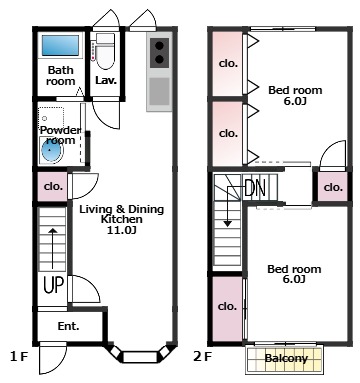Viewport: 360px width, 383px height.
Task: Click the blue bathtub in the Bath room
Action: pyautogui.click(x=60, y=45)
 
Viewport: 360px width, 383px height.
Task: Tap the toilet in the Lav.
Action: pyautogui.click(x=105, y=51)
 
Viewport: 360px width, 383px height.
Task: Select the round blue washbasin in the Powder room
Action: pyautogui.click(x=52, y=151)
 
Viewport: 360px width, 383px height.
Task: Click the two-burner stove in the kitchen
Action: pyautogui.click(x=159, y=53)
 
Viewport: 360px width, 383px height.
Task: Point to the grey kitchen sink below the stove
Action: pyautogui.click(x=159, y=91)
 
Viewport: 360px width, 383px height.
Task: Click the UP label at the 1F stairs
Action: pyautogui.click(x=53, y=285)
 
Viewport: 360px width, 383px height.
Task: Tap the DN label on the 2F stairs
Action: pyautogui.click(x=255, y=188)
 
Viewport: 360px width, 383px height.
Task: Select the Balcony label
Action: pyautogui.click(x=286, y=358)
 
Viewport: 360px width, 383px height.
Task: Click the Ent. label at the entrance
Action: pyautogui.click(x=69, y=326)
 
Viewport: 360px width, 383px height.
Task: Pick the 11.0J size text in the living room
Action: pyautogui.click(x=121, y=230)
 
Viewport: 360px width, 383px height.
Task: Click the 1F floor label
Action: pyautogui.click(x=18, y=357)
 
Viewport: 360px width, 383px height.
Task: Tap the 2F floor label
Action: pyautogui.click(x=203, y=357)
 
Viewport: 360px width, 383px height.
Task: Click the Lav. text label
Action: pyautogui.click(x=106, y=80)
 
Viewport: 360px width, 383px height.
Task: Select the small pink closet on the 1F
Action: pyautogui.click(x=52, y=187)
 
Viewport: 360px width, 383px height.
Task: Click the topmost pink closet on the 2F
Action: pyautogui.click(x=227, y=64)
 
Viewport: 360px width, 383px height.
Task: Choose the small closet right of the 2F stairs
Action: pyautogui.click(x=333, y=187)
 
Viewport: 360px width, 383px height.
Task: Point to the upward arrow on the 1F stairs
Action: pyautogui.click(x=53, y=249)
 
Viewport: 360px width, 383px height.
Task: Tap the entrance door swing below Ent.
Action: pyautogui.click(x=53, y=358)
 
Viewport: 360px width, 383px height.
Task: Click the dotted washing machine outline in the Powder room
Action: pyautogui.click(x=51, y=118)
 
